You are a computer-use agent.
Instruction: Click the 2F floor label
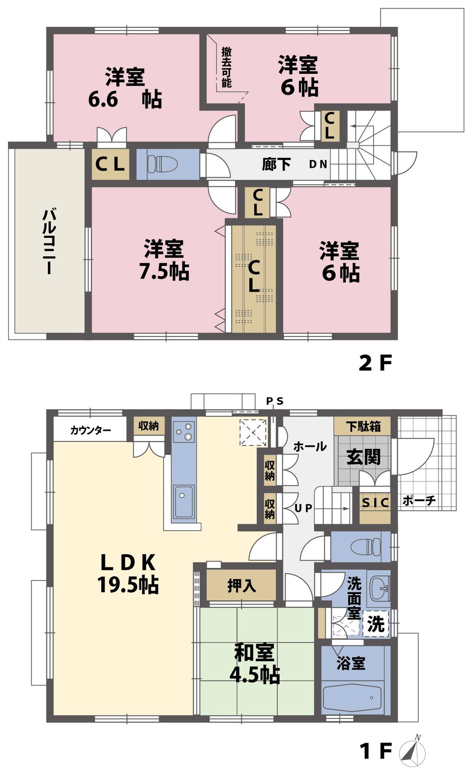pyautogui.click(x=376, y=363)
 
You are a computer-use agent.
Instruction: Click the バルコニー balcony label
pyautogui.click(x=49, y=241)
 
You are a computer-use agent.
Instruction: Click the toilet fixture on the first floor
pyautogui.click(x=366, y=547)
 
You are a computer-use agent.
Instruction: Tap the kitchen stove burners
pyautogui.click(x=184, y=431)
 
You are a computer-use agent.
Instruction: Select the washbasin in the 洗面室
pyautogui.click(x=378, y=588)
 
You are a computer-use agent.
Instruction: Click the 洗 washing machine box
pyautogui.click(x=376, y=624)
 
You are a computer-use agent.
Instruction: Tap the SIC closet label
pyautogui.click(x=375, y=503)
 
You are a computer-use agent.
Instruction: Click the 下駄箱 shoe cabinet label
pyautogui.click(x=363, y=426)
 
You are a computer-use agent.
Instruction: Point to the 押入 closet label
pyautogui.click(x=241, y=586)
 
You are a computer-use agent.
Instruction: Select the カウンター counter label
pyautogui.click(x=90, y=430)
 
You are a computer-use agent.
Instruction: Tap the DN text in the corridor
pyautogui.click(x=318, y=165)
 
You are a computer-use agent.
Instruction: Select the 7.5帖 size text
pyautogui.click(x=164, y=271)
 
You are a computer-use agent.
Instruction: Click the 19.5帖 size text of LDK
pyautogui.click(x=128, y=585)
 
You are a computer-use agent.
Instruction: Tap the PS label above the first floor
pyautogui.click(x=274, y=401)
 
